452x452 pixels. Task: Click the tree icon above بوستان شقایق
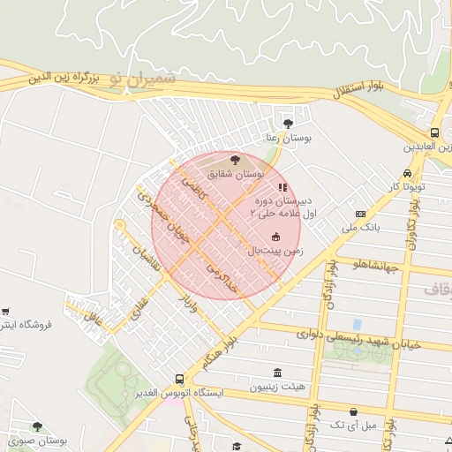235,160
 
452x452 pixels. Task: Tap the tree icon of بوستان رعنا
289,123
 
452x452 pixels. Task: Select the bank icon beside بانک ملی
360,214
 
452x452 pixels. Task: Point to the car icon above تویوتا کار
407,173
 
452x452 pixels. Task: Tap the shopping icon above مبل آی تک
354,412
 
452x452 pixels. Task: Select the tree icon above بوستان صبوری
37,426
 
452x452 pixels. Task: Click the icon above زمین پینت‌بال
275,236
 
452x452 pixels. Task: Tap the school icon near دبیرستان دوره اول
282,187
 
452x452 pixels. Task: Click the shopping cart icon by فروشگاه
6,311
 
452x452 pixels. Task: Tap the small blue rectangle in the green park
357,324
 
